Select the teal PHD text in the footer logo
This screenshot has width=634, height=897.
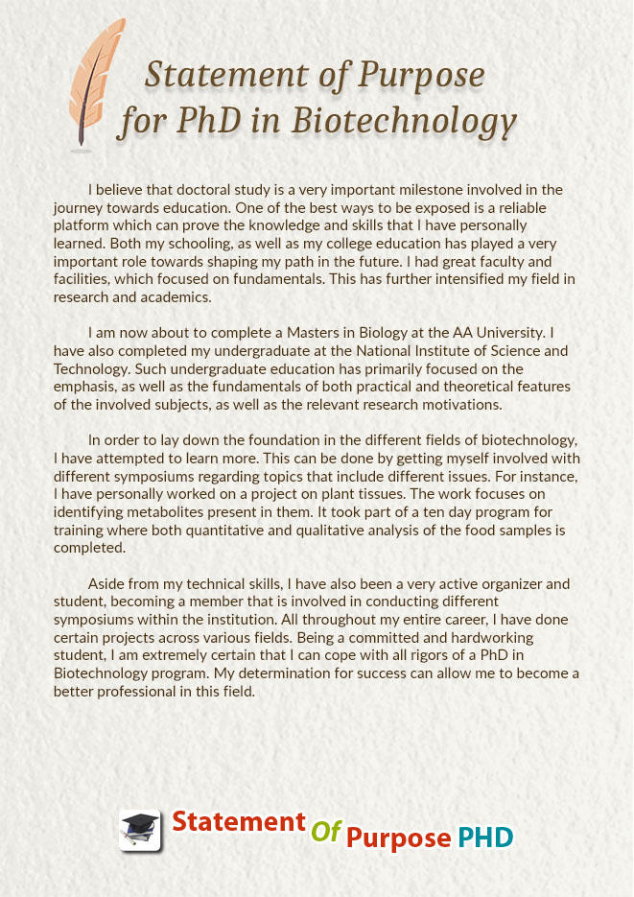(484, 837)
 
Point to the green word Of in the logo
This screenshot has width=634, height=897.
(326, 831)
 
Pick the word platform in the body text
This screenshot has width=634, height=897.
(84, 225)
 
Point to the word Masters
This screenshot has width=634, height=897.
(288, 333)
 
